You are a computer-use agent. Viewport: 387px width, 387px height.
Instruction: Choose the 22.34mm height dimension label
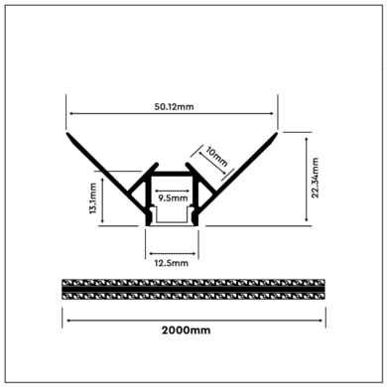coord(315,179)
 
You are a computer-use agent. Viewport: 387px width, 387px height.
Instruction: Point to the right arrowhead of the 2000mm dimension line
coord(324,319)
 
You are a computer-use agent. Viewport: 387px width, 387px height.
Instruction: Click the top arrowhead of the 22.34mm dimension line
coord(303,133)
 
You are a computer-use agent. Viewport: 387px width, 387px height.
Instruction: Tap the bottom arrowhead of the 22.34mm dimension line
coord(303,226)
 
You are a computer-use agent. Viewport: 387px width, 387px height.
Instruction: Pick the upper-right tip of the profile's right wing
coord(279,131)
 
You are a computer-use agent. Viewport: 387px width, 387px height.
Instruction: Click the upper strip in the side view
coord(194,283)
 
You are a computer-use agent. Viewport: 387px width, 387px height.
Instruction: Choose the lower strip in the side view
coord(194,295)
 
